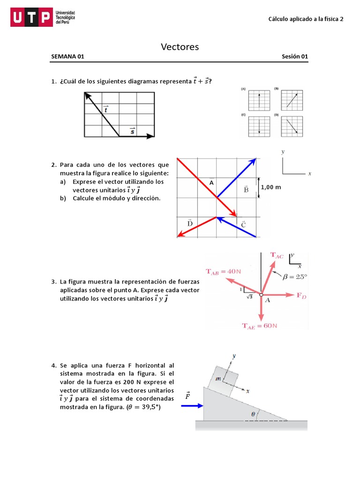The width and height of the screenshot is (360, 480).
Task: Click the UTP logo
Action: [x=31, y=18]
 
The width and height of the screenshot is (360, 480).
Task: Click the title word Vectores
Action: [x=180, y=46]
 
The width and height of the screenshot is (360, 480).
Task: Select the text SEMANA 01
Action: [x=67, y=57]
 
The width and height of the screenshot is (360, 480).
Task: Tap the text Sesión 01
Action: [x=295, y=57]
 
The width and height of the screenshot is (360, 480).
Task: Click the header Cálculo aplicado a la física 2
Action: [x=306, y=19]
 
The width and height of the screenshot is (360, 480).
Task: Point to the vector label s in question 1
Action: [x=133, y=131]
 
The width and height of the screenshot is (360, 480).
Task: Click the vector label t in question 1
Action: [x=105, y=109]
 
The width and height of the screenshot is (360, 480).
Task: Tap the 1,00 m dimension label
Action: [x=271, y=187]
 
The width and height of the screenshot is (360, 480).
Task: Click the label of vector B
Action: [x=246, y=189]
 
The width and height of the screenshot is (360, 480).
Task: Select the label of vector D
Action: [x=190, y=223]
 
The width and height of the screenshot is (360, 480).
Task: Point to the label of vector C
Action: [x=244, y=225]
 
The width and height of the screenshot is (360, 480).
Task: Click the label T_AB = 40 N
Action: [x=224, y=271]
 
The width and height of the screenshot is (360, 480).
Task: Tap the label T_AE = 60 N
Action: [x=260, y=326]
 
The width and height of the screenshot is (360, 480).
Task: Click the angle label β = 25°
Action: [x=295, y=277]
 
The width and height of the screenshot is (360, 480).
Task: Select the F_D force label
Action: [x=301, y=295]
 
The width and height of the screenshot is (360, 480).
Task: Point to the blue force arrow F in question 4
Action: [x=191, y=406]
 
